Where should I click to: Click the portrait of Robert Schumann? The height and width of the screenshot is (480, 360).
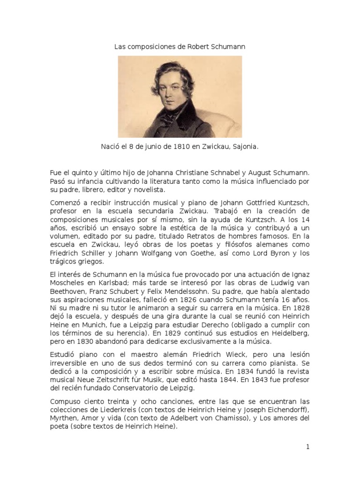[x=180, y=97]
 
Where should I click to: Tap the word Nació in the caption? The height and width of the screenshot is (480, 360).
[x=111, y=147]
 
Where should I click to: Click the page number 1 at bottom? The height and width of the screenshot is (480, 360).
[x=308, y=447]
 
